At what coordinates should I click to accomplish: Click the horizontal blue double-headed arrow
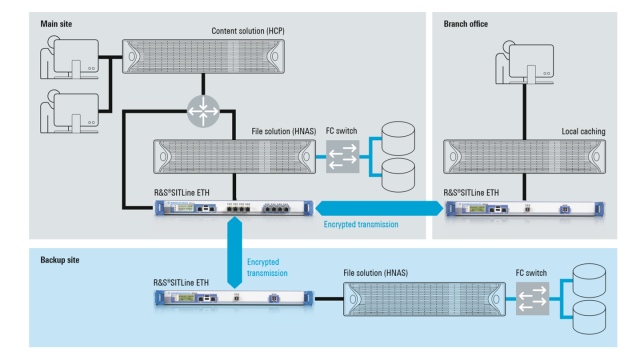pos(375,208)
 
